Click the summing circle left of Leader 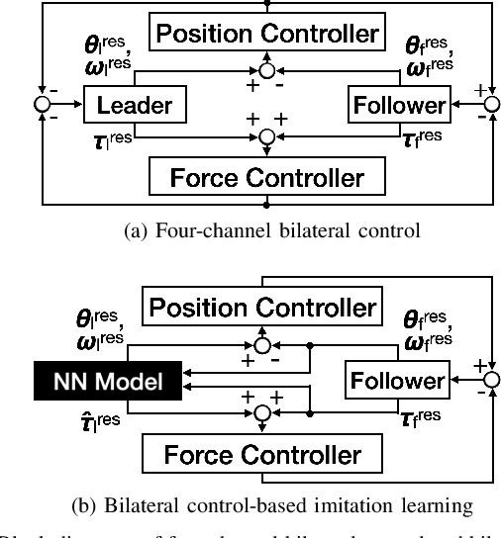tap(42, 104)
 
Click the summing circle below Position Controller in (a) tap(264, 72)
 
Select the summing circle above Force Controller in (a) tap(264, 135)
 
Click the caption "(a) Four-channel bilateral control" tap(250, 233)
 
